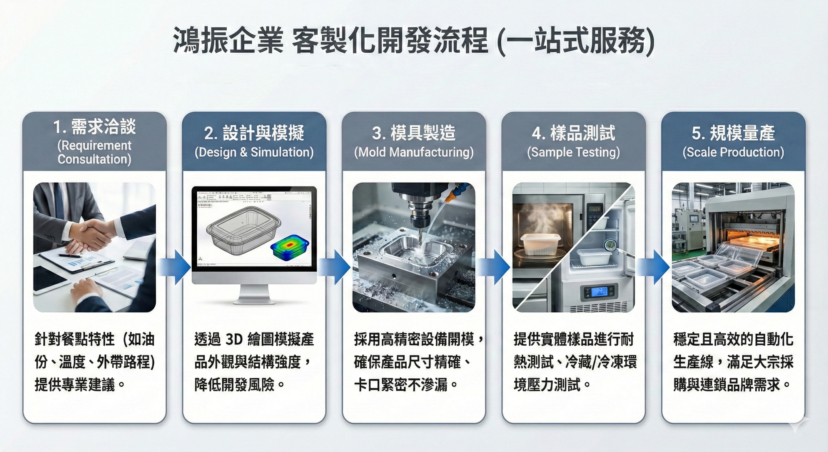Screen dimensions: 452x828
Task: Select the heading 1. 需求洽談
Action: [94, 127]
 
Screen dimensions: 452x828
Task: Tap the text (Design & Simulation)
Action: [254, 152]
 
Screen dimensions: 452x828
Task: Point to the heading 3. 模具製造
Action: [414, 133]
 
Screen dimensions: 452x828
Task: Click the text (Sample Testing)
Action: [573, 152]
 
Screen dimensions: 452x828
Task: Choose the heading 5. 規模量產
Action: [733, 133]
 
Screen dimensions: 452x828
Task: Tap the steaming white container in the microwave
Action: [540, 245]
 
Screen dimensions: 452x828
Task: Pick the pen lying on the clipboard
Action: [69, 256]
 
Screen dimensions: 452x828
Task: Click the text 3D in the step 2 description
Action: [234, 339]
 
